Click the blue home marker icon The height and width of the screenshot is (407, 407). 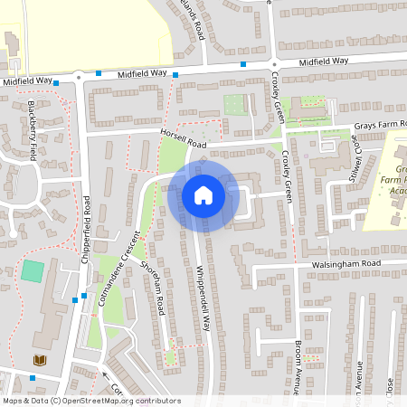tap(203, 195)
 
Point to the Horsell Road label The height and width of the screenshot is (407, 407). tap(184, 138)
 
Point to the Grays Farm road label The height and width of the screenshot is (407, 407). tap(380, 125)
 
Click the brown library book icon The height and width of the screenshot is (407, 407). tap(40, 360)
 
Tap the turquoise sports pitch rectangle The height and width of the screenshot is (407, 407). tap(33, 270)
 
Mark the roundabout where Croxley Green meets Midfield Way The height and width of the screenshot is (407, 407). tap(273, 64)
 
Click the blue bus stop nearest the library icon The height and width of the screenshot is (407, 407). tap(33, 377)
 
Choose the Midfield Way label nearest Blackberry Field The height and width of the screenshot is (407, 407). tap(27, 80)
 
